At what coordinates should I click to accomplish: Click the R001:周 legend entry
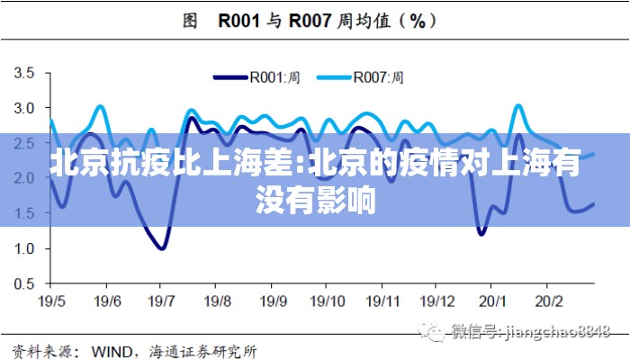click(x=275, y=76)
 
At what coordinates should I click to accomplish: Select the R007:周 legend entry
click(x=378, y=76)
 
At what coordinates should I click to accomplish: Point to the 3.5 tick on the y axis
click(x=24, y=73)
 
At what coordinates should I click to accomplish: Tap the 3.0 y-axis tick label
click(x=24, y=108)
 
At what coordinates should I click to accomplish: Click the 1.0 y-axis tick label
click(x=24, y=248)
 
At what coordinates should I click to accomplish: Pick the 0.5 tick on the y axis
click(x=24, y=283)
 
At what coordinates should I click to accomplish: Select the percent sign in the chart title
click(x=417, y=21)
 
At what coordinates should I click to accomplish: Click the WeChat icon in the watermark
click(x=436, y=332)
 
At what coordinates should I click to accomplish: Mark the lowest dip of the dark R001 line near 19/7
click(x=161, y=247)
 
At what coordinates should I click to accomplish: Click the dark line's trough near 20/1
click(x=481, y=234)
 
